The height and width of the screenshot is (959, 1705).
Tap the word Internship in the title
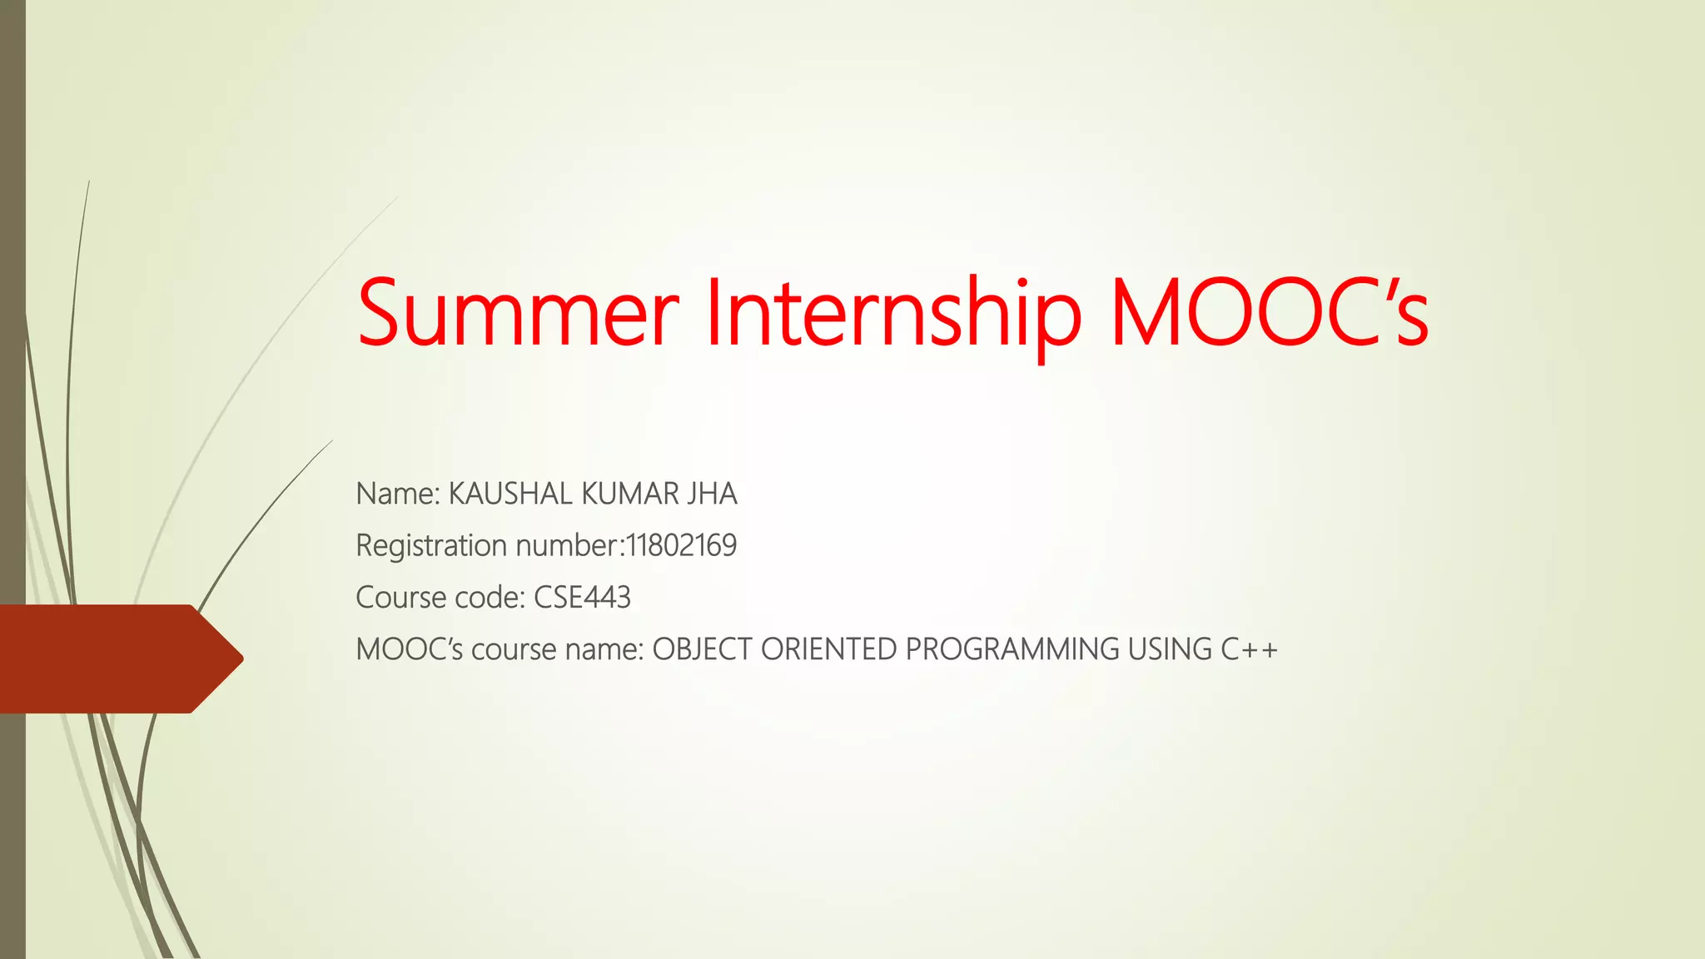point(893,314)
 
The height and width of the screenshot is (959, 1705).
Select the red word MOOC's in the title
point(1269,314)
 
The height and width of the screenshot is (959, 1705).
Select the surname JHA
point(713,494)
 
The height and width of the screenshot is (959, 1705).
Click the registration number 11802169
point(682,546)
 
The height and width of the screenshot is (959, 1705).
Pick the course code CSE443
point(582,598)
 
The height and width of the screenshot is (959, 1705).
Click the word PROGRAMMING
point(1012,649)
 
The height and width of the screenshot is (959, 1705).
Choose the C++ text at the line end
point(1249,649)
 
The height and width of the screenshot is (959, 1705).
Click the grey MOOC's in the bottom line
point(409,649)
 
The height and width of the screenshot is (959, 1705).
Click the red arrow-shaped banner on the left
point(117,658)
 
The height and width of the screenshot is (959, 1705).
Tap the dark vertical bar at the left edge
point(12,333)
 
